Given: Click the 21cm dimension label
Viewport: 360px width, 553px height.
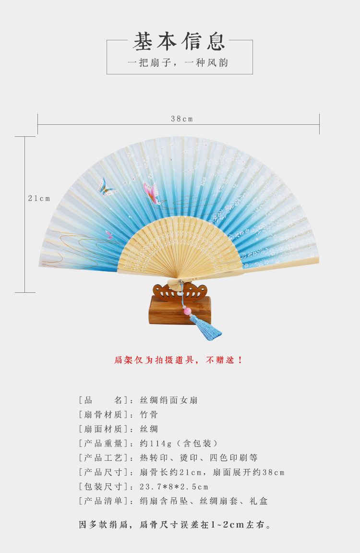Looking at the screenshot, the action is [39, 198].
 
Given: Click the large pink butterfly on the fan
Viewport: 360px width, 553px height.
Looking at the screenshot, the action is [151, 193].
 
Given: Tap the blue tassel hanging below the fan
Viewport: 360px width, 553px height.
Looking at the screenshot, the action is [206, 328].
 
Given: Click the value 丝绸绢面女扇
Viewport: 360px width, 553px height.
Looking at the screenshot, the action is [168, 400].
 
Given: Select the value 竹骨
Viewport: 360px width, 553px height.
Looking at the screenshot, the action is [148, 415].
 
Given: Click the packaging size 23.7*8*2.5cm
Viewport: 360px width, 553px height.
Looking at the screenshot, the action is [174, 487].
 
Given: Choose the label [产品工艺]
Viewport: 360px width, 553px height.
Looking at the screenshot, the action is [103, 458].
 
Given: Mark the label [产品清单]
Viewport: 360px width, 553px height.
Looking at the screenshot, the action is [103, 501].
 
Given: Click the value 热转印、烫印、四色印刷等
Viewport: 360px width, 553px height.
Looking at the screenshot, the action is [199, 458].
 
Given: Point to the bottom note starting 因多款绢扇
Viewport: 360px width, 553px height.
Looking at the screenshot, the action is [176, 525].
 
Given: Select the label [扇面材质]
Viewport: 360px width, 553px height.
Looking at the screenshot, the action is [103, 429].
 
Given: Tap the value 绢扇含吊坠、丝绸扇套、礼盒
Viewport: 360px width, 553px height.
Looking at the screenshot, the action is [204, 501].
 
